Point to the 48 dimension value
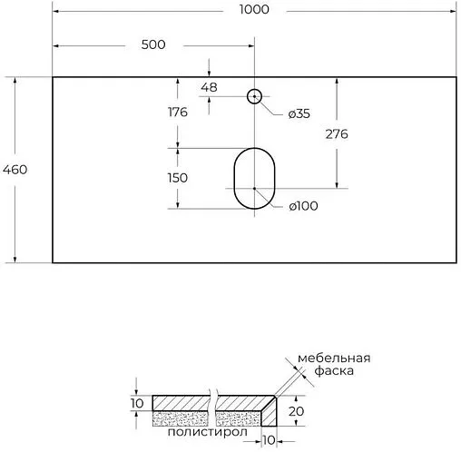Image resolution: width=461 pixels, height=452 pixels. (209, 87)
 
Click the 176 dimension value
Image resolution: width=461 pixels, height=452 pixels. (177, 113)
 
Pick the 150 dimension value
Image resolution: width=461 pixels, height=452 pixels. (177, 178)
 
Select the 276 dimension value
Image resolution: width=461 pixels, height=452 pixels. (337, 133)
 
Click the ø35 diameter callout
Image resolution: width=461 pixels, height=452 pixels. (299, 113)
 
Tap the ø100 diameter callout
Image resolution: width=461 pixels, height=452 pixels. (302, 207)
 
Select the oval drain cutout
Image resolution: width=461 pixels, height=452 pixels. (254, 179)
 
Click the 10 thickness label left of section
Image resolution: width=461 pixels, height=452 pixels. (136, 402)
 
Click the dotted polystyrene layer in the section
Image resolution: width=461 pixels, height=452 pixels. (181, 418)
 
